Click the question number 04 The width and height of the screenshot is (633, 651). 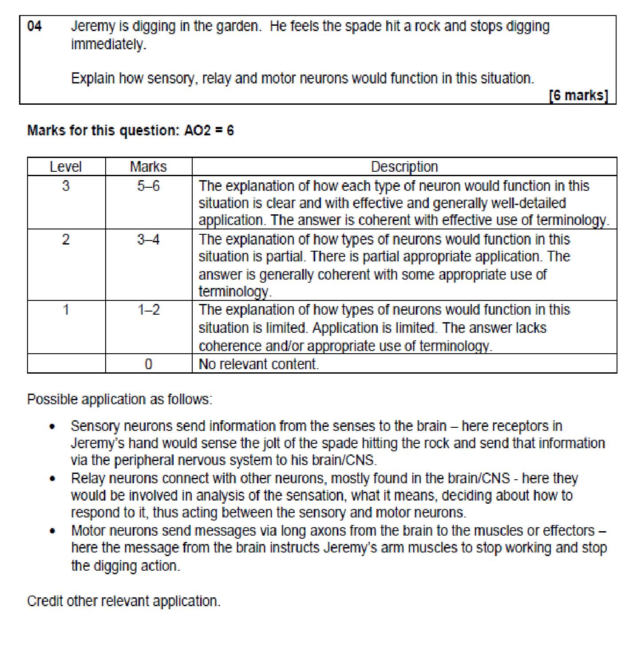coord(35,27)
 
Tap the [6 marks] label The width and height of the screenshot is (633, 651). coord(578,95)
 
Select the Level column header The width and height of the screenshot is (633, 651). coord(66,167)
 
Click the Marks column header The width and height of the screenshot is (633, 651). coord(148,167)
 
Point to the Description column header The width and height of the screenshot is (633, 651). coord(404,167)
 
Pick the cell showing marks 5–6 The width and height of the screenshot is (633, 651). coord(148,186)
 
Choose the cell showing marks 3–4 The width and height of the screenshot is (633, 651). coord(148,240)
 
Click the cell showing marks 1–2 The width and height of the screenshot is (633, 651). coord(148,310)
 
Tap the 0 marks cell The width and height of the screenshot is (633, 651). coord(148,364)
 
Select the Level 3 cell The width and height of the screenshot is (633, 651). coord(66,186)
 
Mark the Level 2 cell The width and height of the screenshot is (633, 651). coord(66,240)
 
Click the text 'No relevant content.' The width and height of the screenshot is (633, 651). coord(258,364)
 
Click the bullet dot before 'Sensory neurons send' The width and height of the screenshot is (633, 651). coord(53,427)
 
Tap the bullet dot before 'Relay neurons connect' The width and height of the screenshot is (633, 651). coord(53,479)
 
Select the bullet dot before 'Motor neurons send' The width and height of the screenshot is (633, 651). coord(53,531)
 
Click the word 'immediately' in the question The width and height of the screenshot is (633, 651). coord(108,45)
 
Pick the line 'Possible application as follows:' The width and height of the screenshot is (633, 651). coord(119,399)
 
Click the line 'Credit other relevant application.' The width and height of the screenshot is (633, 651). coord(123,601)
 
